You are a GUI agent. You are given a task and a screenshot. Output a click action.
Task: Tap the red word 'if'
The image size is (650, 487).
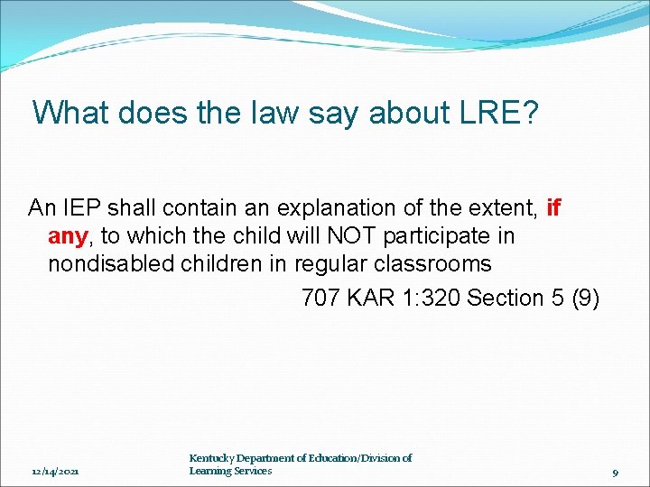tap(553, 208)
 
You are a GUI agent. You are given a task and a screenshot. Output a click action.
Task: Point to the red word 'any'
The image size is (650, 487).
tap(68, 236)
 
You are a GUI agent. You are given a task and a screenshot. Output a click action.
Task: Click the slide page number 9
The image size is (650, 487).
tap(614, 472)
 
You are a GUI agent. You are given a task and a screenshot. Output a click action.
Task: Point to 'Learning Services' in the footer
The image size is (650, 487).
tap(230, 471)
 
